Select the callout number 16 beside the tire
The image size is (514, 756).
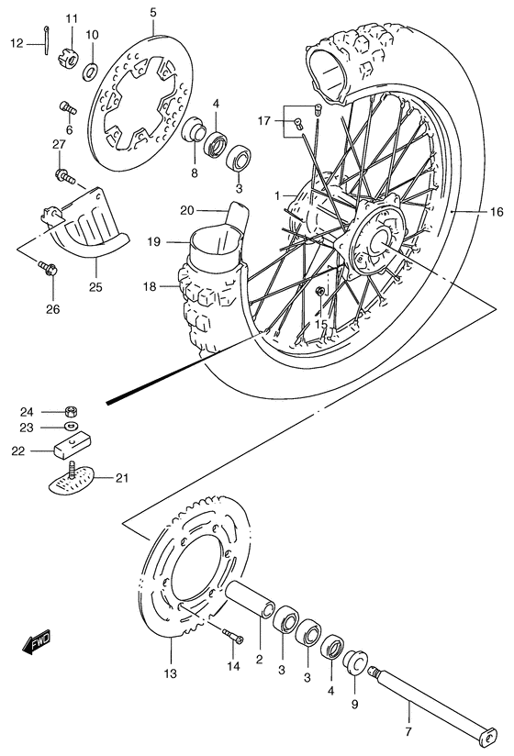pyautogui.click(x=496, y=212)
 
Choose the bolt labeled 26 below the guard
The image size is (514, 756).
pyautogui.click(x=51, y=270)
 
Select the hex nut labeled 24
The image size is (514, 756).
pyautogui.click(x=71, y=411)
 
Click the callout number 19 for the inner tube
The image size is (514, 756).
pyautogui.click(x=153, y=242)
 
